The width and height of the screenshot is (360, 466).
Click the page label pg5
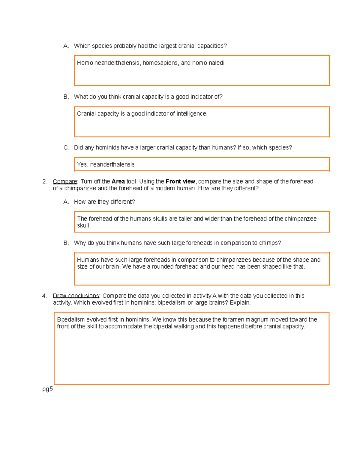pyautogui.click(x=47, y=389)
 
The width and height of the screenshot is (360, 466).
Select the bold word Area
pyautogui.click(x=118, y=182)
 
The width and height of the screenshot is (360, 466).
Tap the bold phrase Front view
pyautogui.click(x=180, y=182)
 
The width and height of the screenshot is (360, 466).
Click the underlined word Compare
pyautogui.click(x=65, y=182)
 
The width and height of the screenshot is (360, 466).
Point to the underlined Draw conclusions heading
pyautogui.click(x=76, y=296)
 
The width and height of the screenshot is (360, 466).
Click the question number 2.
pyautogui.click(x=45, y=182)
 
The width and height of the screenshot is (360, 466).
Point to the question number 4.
pyautogui.click(x=45, y=296)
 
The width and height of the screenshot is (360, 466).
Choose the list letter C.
pyautogui.click(x=66, y=148)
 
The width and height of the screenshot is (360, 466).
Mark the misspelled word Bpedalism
pyautogui.click(x=71, y=320)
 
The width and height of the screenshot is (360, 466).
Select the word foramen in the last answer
pyautogui.click(x=233, y=320)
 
